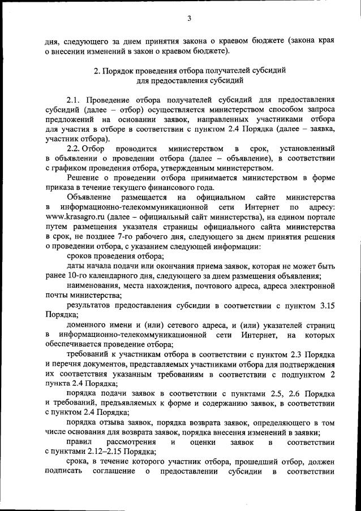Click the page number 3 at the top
190,18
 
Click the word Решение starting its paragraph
81,178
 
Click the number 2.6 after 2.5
292,393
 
